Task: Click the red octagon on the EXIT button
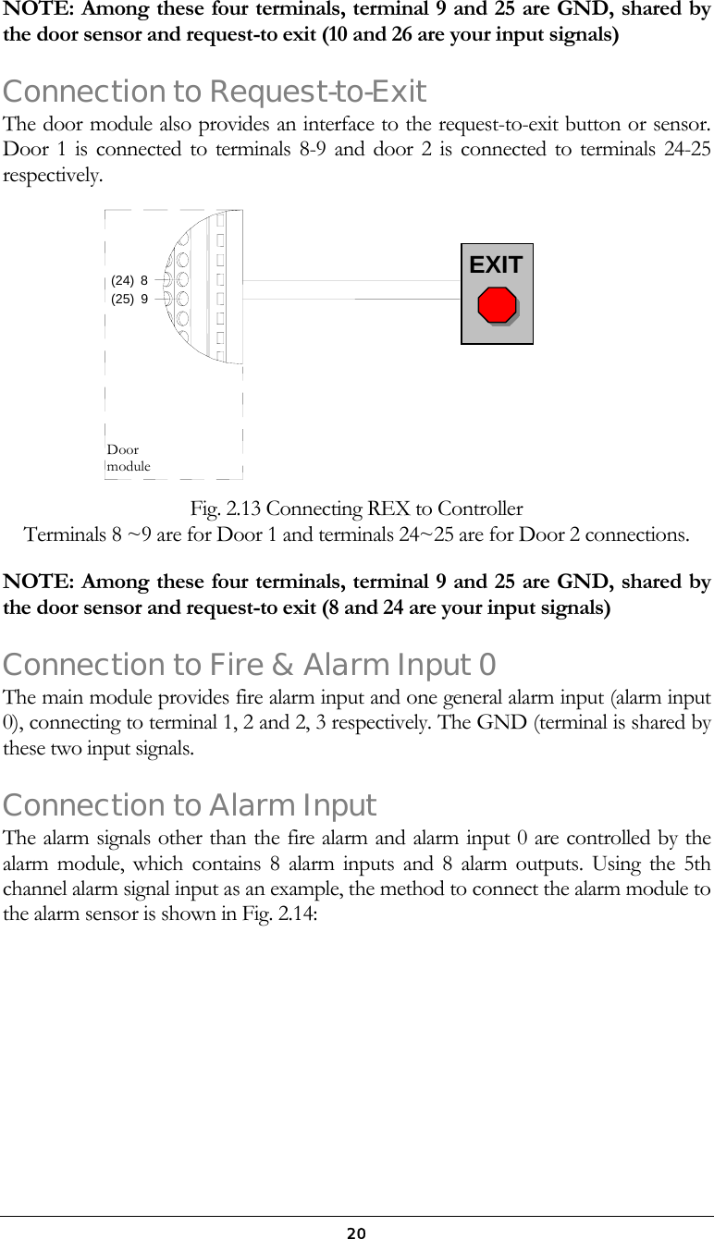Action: point(498,305)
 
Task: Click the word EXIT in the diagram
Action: point(496,265)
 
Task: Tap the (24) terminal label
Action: point(122,280)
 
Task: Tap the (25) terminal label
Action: point(122,299)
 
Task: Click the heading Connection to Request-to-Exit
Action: point(215,92)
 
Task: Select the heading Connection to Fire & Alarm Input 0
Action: point(250,665)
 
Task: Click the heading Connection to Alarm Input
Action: point(190,806)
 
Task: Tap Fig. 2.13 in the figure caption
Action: point(225,509)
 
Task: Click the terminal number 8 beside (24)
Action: point(144,280)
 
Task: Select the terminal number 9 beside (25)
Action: point(144,299)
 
